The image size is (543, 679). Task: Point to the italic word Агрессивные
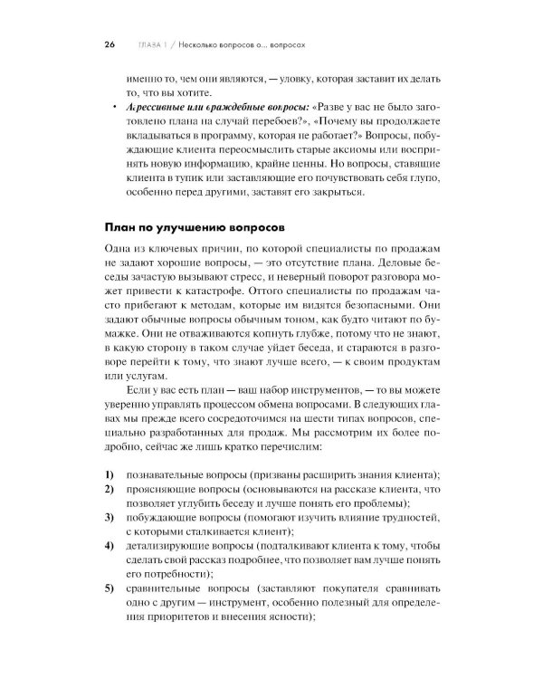click(x=151, y=108)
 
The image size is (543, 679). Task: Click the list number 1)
click(x=109, y=475)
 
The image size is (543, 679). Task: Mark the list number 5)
click(x=109, y=591)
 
